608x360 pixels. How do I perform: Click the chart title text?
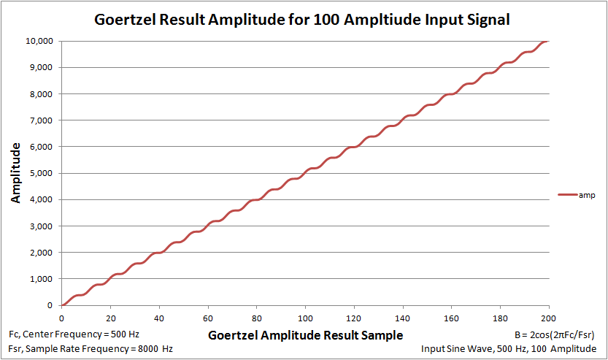(302, 20)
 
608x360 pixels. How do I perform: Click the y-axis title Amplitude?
(15, 173)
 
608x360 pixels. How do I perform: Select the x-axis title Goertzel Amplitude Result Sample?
(305, 335)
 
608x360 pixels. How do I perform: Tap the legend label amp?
(588, 195)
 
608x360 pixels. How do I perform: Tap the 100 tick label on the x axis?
(305, 318)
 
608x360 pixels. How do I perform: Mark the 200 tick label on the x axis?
(548, 318)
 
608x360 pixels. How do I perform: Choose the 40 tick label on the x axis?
(159, 318)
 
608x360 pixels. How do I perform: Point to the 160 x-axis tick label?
(451, 318)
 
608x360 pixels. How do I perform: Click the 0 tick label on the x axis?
(62, 318)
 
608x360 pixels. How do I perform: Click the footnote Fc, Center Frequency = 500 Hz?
(74, 334)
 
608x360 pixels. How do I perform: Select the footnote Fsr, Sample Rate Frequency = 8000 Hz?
(91, 349)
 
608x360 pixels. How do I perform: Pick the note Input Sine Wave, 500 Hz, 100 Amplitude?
(508, 349)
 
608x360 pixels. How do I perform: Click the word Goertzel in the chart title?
(127, 20)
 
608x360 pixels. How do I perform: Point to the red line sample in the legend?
(567, 195)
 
